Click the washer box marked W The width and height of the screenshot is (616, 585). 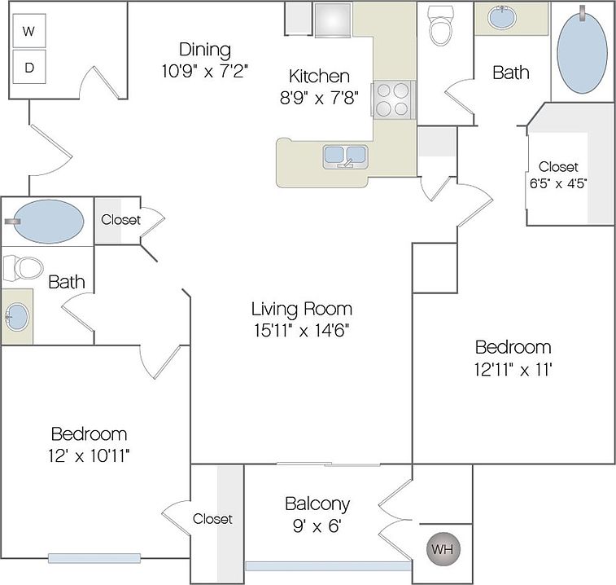point(29,31)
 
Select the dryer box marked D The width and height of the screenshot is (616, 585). point(29,67)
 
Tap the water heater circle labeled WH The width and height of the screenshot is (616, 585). point(443,549)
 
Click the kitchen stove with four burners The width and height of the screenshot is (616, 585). point(393,99)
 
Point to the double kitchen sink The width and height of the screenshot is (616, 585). point(345,156)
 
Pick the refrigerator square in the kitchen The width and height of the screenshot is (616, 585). point(332,20)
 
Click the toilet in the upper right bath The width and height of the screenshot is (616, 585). point(440,25)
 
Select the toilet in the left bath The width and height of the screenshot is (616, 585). point(23,268)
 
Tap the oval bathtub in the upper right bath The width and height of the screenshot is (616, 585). point(582,50)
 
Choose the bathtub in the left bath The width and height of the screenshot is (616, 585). point(48,221)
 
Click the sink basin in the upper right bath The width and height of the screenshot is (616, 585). point(502,17)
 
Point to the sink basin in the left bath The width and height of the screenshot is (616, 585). point(17,317)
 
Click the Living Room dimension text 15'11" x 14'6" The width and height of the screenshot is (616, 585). point(301,330)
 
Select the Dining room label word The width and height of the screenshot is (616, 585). point(205,50)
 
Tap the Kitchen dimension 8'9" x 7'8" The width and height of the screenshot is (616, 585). point(319,97)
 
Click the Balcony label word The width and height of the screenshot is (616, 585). point(317,504)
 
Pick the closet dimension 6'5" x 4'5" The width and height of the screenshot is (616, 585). point(558,183)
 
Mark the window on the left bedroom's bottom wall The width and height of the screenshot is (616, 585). point(94,558)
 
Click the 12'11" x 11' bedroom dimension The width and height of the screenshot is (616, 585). point(513,369)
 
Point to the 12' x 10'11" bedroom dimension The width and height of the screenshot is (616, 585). point(89,456)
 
